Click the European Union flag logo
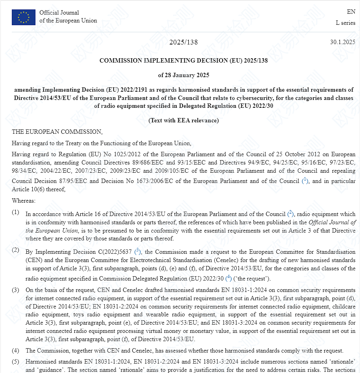coord(24,17)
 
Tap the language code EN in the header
coord(351,12)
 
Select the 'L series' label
coord(345,23)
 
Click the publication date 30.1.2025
coord(343,42)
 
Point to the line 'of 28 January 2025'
coord(184,75)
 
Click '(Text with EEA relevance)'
coord(184,120)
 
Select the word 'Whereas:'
coord(24,201)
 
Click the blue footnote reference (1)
coord(305,181)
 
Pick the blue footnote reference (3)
coord(138,251)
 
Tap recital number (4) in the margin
coord(15,350)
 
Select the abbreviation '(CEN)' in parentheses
coord(34,260)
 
